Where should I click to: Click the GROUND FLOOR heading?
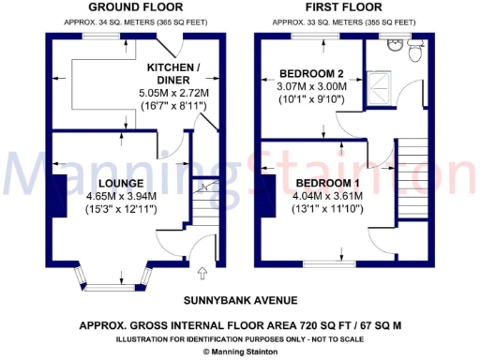[123, 7]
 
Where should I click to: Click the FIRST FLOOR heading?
[336, 7]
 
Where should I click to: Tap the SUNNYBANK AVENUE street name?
[240, 300]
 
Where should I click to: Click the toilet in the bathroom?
[418, 53]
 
